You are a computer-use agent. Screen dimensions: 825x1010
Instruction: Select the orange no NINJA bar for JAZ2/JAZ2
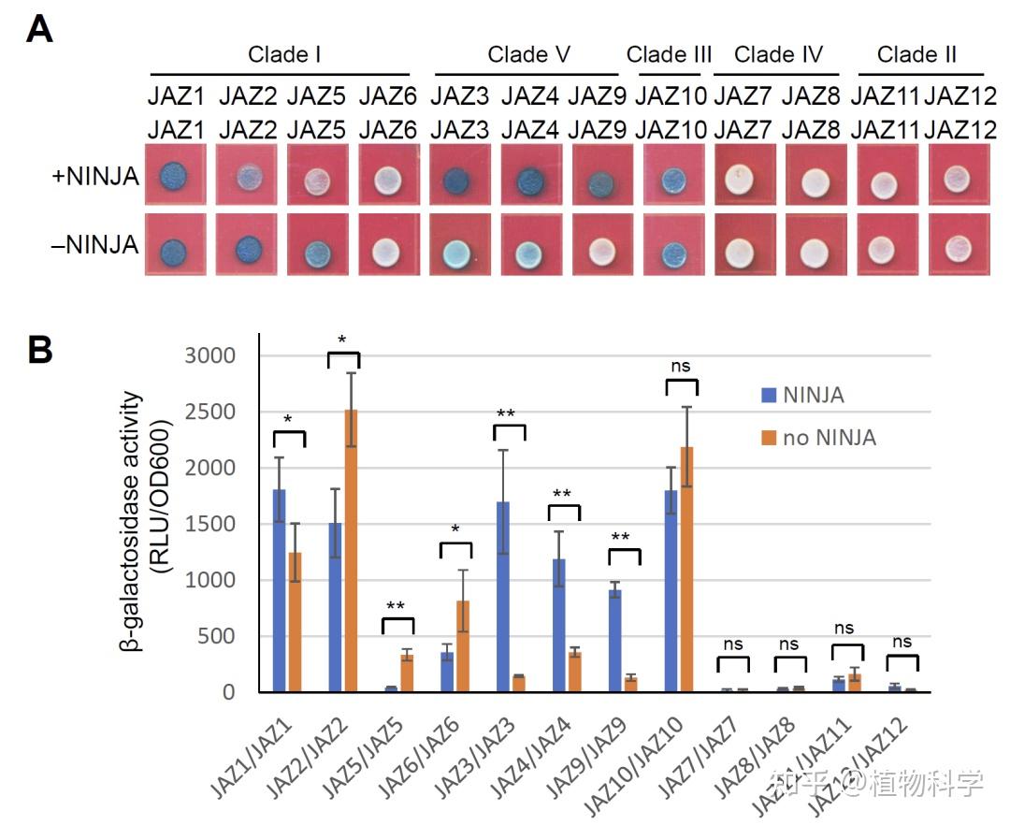click(x=351, y=552)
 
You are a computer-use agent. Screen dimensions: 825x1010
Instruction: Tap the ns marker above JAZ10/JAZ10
click(x=680, y=366)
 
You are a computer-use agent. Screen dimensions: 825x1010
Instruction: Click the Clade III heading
click(x=670, y=54)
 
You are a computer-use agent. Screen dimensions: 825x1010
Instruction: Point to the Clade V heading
click(x=528, y=54)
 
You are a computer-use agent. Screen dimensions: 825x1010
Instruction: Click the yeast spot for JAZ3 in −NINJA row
click(x=459, y=254)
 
